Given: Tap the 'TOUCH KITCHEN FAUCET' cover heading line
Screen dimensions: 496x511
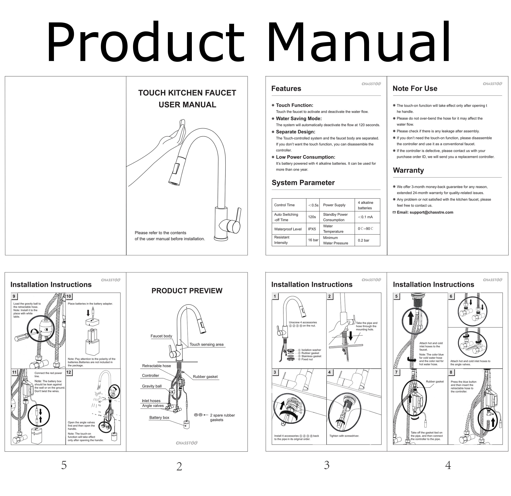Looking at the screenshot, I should point(187,93).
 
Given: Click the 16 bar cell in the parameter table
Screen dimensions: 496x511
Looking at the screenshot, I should point(313,240).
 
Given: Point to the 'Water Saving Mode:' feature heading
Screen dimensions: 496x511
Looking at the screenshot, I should point(299,118).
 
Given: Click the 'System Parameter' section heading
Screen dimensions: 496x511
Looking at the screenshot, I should point(303,183).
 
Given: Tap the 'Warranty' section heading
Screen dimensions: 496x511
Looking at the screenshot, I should point(408,170).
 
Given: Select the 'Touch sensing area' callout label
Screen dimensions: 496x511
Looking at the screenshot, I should point(206,344).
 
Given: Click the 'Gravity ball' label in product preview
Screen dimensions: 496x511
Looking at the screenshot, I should point(152,386).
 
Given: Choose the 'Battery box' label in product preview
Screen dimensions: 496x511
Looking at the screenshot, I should point(159,417).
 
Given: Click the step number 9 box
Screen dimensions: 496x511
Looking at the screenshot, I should point(14,296).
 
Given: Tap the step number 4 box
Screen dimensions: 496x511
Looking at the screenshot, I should point(330,372).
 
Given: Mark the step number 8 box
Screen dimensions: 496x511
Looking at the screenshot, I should point(451,372).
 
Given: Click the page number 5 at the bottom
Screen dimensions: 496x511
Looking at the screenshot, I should point(64,465).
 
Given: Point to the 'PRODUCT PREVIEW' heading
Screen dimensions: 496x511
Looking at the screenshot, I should point(187,291).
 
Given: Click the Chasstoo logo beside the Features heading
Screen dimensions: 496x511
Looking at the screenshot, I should point(371,84).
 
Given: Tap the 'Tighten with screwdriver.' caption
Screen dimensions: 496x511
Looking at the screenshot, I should point(344,436).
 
